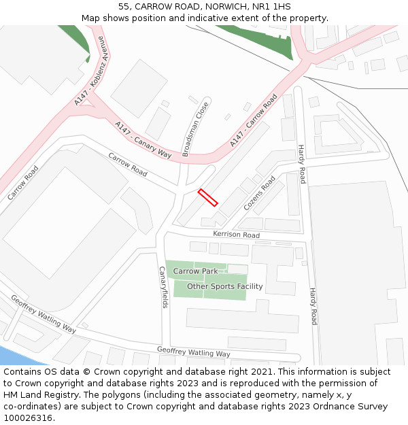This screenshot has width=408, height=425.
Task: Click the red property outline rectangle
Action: click(x=207, y=197)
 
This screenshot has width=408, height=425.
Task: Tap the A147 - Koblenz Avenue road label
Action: click(x=90, y=71)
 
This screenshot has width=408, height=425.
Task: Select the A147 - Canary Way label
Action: click(x=143, y=139)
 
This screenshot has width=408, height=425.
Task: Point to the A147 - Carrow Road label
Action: click(x=254, y=121)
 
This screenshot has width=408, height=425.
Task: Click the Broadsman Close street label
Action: click(x=195, y=129)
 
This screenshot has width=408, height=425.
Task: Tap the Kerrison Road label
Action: click(x=236, y=235)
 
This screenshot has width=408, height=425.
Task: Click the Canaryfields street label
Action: click(x=163, y=287)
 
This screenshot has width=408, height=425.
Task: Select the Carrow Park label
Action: click(x=195, y=271)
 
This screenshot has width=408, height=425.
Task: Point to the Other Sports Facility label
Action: click(x=224, y=286)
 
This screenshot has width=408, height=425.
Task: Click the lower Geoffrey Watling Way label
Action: click(x=193, y=352)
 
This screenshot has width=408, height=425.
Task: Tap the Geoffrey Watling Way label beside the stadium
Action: click(x=43, y=313)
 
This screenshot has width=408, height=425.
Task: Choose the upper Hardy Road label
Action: click(x=301, y=164)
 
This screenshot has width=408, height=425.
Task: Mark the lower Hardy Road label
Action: click(x=313, y=306)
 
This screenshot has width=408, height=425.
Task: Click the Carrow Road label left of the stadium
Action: click(x=22, y=183)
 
